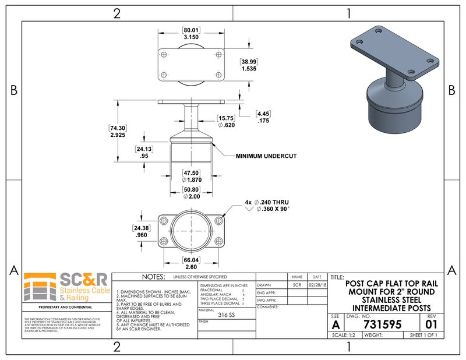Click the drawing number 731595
(382, 324)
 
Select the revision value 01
(431, 324)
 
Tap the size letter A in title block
(335, 324)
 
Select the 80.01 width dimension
(191, 30)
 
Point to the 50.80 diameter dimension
(191, 189)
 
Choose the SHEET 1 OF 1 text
(423, 335)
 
